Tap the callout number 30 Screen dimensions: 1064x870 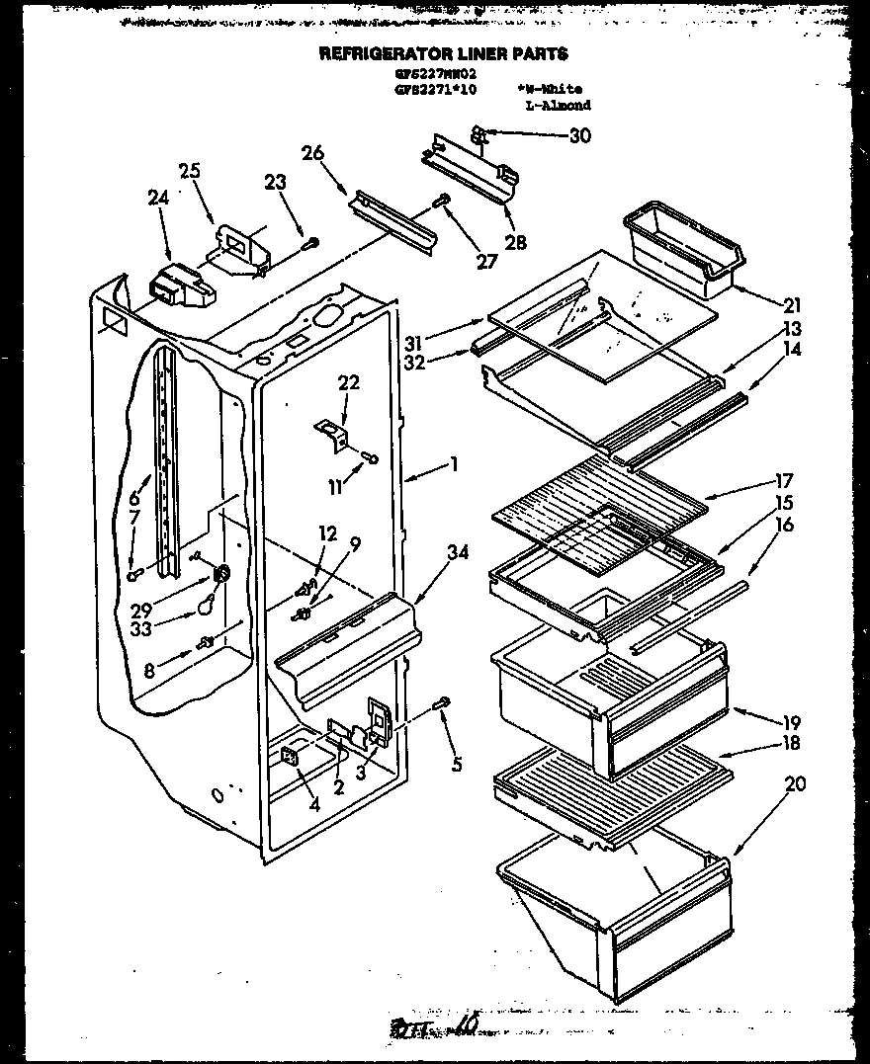click(x=579, y=136)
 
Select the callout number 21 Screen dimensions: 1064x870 click(x=793, y=305)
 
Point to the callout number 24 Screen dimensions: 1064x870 click(x=158, y=198)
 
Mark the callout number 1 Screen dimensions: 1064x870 click(x=453, y=461)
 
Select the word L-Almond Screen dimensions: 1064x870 click(x=559, y=105)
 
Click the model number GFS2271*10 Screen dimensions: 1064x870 click(x=436, y=89)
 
